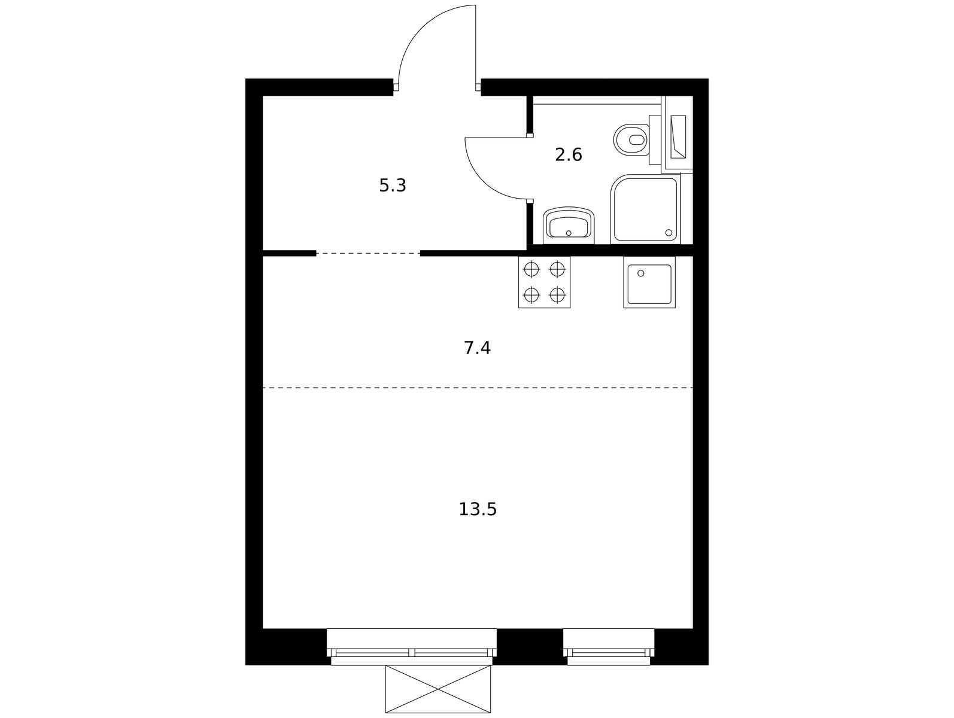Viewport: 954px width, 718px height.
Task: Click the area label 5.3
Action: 393,186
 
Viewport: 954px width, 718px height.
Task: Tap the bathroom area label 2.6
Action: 568,155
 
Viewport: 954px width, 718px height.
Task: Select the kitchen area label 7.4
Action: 477,348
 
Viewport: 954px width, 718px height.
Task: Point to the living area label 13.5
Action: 477,510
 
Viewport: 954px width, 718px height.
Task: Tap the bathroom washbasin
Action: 569,225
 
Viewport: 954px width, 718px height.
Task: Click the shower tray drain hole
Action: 669,233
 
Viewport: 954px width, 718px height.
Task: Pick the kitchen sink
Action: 649,282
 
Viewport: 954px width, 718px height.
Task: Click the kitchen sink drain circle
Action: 640,273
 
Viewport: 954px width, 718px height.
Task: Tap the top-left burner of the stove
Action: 531,269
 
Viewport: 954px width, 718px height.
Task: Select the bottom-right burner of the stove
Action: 557,296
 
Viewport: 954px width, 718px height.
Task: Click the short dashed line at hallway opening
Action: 368,253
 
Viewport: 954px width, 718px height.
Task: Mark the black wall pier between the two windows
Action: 530,647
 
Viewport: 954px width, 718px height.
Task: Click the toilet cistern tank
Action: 655,140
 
